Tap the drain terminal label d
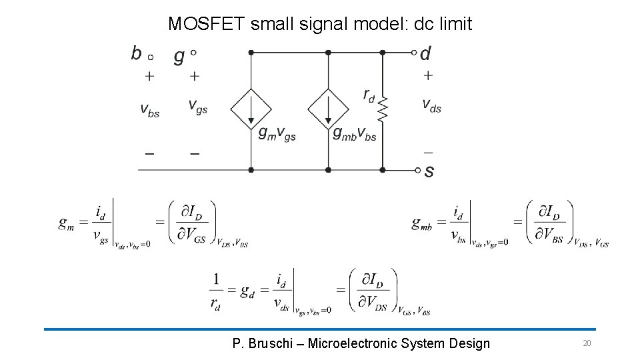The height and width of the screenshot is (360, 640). (425, 53)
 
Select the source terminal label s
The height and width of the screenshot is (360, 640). (429, 171)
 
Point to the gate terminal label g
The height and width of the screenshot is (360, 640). (179, 55)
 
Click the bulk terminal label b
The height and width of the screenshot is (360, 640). (137, 53)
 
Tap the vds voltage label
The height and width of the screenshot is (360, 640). (431, 105)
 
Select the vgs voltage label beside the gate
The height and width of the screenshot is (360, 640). (197, 105)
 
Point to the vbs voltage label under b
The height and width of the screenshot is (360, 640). (149, 109)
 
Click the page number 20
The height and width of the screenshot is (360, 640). (587, 343)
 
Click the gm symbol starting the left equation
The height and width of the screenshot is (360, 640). (66, 223)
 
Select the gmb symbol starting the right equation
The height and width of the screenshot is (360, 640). (425, 223)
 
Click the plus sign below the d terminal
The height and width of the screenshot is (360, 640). (428, 76)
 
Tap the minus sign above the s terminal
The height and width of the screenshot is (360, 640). (428, 152)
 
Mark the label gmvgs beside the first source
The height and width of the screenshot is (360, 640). (277, 134)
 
